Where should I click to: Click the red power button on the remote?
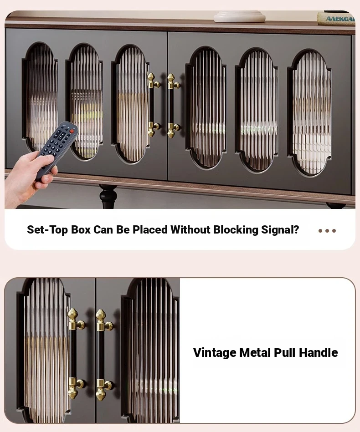pyautogui.click(x=72, y=131)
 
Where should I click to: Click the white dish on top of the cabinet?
pyautogui.click(x=239, y=16)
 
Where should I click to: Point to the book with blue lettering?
pyautogui.click(x=336, y=19)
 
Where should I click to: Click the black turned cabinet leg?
pyautogui.click(x=108, y=196)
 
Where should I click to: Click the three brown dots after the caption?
pyautogui.click(x=327, y=231)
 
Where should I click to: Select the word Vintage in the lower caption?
pyautogui.click(x=215, y=353)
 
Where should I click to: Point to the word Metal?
pyautogui.click(x=255, y=353)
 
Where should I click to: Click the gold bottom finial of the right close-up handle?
pyautogui.click(x=101, y=389)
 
